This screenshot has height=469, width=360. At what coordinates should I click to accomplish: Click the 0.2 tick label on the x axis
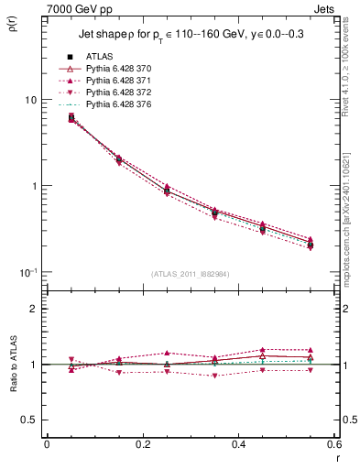tap(142, 444)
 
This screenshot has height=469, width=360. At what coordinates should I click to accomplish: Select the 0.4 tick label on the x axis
tap(238, 444)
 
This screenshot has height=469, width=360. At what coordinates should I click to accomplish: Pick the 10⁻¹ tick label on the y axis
tap(27, 272)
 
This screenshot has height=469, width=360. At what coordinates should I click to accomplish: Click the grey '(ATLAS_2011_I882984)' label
tap(190, 275)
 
